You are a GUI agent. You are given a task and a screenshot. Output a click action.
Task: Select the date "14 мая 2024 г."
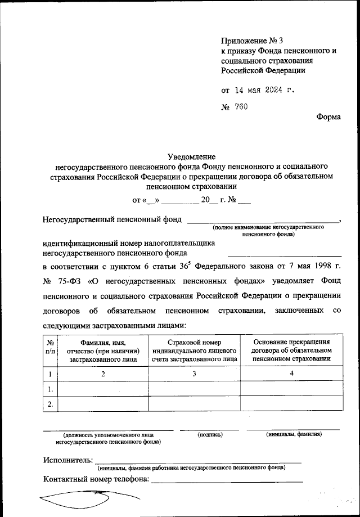click(264, 89)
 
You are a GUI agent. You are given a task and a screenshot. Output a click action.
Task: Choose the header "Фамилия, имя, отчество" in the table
click(103, 350)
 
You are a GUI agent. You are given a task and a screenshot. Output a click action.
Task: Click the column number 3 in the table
click(195, 374)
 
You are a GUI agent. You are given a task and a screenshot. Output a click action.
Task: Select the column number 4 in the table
click(291, 374)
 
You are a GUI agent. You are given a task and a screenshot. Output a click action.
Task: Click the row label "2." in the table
click(51, 404)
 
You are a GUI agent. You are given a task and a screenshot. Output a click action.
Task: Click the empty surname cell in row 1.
click(103, 389)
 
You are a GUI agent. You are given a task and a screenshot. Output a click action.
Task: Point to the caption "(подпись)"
click(210, 435)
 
